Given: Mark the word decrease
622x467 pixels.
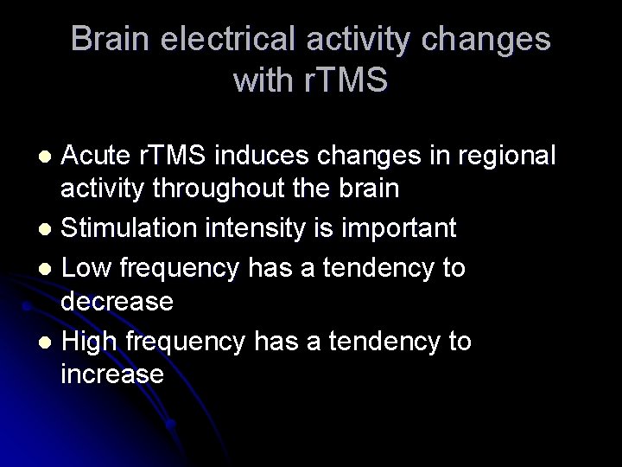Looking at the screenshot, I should [117, 303].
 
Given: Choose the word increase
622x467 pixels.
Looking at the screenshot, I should [112, 375].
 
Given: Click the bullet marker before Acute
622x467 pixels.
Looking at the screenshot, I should [49, 157].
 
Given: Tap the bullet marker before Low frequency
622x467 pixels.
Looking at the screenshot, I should [49, 268].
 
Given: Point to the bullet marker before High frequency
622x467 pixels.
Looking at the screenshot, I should [49, 342].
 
